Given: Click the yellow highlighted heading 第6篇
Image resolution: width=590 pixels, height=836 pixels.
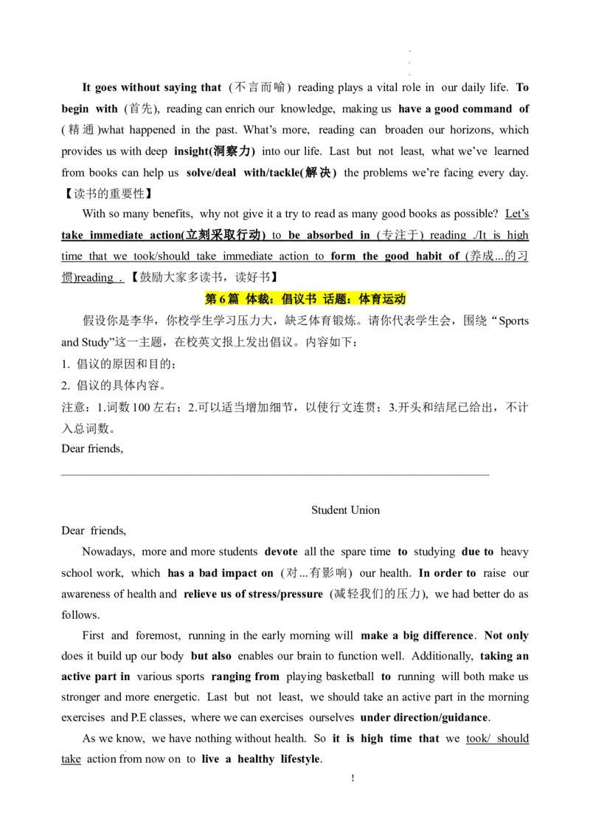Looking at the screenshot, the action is pos(222,299).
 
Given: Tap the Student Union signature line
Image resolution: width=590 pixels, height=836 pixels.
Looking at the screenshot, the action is pos(346,510).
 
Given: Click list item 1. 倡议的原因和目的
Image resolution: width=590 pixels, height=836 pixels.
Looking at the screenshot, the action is pos(119,364).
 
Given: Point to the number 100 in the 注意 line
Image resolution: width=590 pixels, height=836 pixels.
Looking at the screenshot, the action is pos(141,408).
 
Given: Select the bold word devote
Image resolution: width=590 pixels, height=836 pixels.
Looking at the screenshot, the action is pos(281,552).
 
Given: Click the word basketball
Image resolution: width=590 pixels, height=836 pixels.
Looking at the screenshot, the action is pos(350,676).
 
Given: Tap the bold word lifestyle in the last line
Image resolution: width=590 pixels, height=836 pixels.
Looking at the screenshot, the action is pos(302,759).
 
